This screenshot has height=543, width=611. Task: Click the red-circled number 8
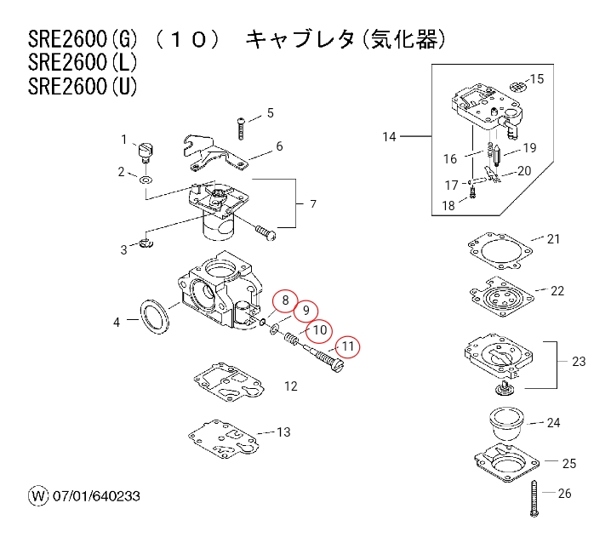point(285,300)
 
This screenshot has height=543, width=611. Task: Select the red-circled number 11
point(347,346)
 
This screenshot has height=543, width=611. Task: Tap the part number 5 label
point(271,112)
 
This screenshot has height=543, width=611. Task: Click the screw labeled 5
point(242,127)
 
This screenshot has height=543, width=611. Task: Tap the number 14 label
point(390,136)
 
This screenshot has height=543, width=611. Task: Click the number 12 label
point(290,386)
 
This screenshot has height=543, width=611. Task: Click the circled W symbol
point(37,495)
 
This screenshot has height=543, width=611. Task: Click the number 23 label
point(579,362)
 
